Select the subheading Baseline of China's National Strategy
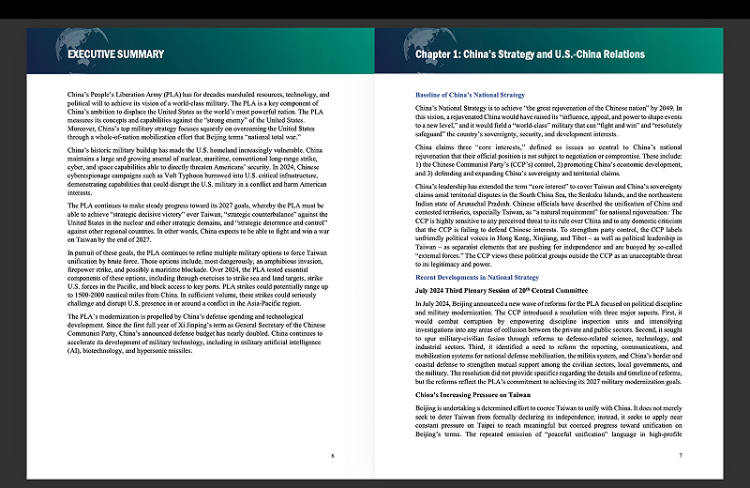pos(469,96)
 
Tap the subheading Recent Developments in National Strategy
pos(476,278)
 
